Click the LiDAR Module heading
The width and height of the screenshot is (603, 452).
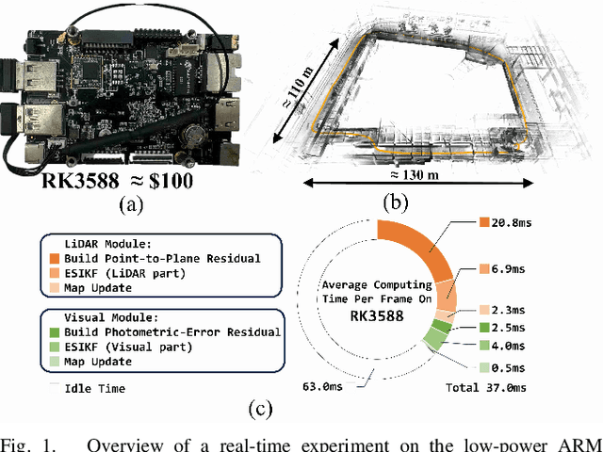(x=105, y=243)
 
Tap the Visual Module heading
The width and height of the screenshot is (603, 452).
(x=107, y=316)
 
